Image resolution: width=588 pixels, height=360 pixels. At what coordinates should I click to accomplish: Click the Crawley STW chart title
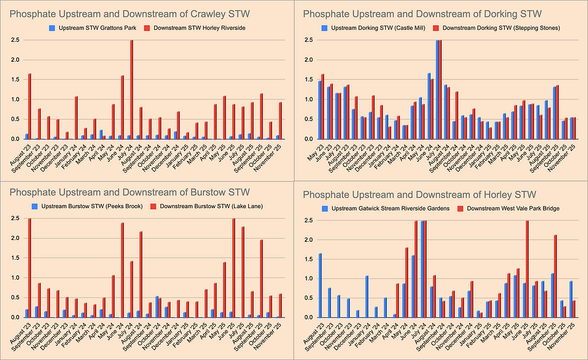click(130, 13)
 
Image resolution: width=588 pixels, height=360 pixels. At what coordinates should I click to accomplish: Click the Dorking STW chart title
click(422, 13)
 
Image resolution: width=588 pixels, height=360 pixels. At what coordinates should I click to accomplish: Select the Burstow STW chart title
click(130, 193)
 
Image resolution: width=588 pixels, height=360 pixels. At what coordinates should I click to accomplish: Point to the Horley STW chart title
click(419, 194)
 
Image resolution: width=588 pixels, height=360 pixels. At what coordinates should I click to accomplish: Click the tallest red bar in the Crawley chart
click(131, 90)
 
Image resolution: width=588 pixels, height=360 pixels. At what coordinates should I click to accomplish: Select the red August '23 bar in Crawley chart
click(29, 107)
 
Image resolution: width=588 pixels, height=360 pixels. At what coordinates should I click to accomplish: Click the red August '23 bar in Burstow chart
click(29, 268)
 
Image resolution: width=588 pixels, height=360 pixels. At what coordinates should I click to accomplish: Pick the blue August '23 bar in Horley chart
click(320, 285)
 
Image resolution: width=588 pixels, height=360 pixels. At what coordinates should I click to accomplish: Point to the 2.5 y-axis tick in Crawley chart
click(14, 40)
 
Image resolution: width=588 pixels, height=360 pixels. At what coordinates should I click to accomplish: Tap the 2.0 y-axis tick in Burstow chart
click(14, 238)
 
